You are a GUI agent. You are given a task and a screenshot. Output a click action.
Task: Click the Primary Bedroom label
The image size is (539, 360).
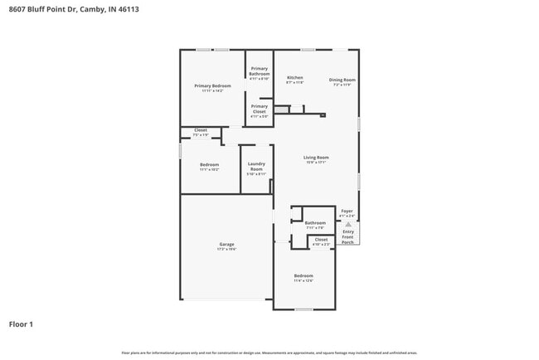point(212,85)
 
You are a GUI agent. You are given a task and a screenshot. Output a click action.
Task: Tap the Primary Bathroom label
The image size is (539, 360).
point(260,71)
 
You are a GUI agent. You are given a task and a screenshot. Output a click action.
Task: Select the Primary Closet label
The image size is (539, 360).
point(260,109)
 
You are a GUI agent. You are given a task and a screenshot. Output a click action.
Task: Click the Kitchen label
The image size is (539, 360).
point(294,77)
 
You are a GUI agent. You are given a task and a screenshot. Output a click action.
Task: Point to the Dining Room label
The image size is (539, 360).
point(342,80)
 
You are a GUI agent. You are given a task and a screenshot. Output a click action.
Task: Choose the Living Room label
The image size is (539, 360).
point(317,157)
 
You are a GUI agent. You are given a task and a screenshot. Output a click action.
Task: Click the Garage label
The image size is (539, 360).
point(226,244)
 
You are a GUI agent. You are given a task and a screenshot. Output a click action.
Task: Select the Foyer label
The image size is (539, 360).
point(347,211)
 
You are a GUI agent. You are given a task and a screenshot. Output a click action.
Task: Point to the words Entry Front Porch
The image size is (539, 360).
point(347,236)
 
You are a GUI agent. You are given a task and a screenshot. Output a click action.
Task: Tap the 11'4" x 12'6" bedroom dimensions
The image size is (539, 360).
point(303,280)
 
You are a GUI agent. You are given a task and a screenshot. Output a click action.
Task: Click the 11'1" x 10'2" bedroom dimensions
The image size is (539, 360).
point(209,169)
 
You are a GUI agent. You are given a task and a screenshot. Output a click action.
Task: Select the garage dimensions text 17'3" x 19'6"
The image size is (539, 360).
point(226,249)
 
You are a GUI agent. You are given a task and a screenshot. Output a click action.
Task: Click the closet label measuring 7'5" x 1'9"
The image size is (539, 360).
point(201,135)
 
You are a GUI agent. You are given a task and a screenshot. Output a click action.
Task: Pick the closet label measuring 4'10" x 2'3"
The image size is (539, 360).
point(320,245)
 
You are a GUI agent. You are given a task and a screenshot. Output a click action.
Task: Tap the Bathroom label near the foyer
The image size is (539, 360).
point(315,222)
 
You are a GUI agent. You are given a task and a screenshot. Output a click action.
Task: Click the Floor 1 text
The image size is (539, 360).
point(21,324)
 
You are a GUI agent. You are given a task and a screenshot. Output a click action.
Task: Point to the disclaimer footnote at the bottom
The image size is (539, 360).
point(269,353)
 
